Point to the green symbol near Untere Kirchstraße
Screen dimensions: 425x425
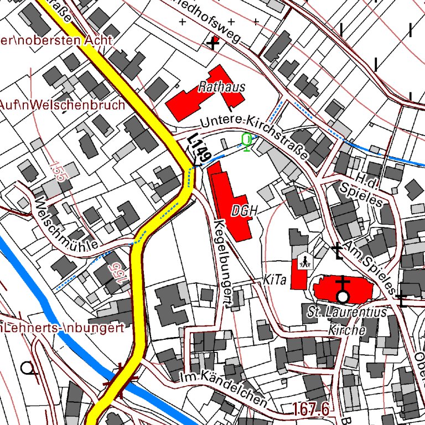click(x=247, y=142)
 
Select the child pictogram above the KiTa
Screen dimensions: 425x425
click(x=303, y=261)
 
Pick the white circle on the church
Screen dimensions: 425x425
click(x=343, y=297)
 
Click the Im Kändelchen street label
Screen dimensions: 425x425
click(x=224, y=391)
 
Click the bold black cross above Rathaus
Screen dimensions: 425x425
click(x=213, y=43)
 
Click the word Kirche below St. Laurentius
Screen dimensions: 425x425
click(x=347, y=330)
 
